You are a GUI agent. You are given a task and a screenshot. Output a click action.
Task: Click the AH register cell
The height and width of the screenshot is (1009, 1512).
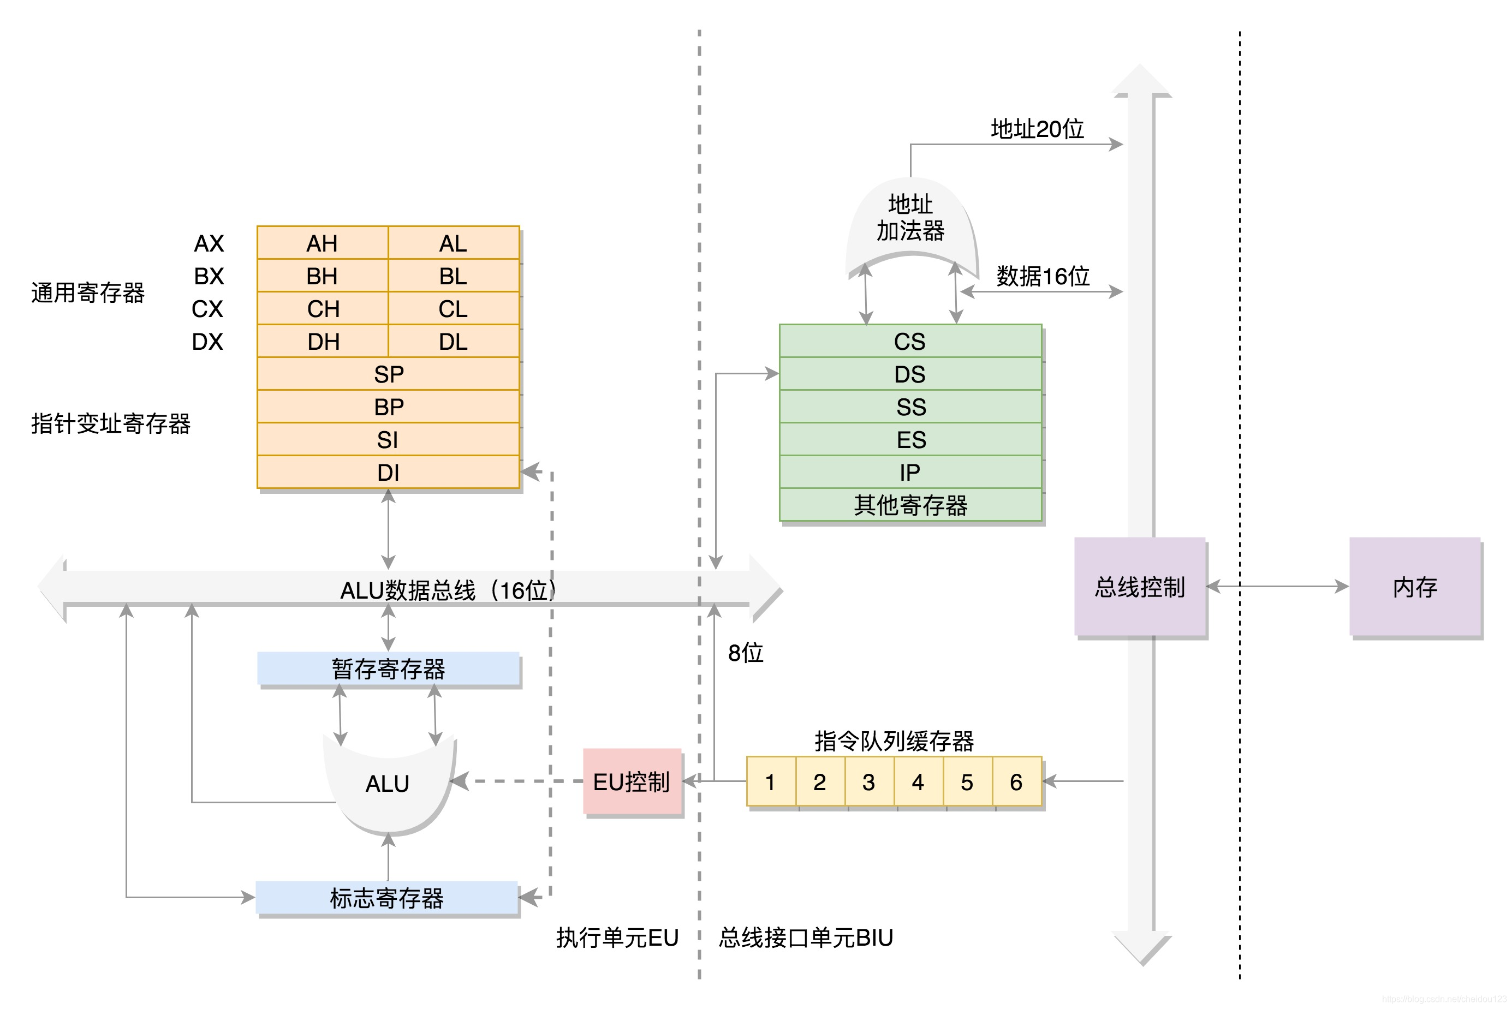point(322,243)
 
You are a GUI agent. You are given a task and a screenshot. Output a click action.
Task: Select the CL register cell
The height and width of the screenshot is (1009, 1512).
point(453,309)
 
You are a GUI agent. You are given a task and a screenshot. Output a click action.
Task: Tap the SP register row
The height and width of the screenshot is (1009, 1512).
point(388,374)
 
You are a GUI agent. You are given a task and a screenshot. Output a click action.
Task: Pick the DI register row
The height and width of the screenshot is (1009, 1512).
point(388,473)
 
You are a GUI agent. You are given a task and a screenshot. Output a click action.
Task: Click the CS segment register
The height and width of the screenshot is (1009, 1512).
point(909,341)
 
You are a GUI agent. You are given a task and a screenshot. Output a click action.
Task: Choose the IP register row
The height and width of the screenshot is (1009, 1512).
point(909,473)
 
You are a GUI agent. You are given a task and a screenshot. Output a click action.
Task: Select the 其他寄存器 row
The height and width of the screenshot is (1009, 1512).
point(909,505)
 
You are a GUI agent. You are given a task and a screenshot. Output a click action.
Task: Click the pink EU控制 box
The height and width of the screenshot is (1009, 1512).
point(632,782)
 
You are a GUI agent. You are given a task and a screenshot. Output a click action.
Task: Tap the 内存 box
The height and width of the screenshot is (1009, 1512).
point(1414,587)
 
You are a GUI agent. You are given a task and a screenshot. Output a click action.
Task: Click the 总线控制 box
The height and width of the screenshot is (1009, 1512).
point(1139,587)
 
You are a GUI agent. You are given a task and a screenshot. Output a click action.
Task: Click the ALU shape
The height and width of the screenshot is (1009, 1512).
point(388,784)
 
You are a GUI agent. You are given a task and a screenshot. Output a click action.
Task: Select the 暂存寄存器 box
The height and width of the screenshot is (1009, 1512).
point(388,669)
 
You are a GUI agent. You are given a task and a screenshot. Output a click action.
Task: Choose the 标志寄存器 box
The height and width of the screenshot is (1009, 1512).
point(387,898)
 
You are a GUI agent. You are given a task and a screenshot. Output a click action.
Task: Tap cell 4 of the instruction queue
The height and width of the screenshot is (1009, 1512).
point(918,782)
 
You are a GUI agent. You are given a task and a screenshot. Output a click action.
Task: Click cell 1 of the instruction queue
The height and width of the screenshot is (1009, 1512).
point(771,782)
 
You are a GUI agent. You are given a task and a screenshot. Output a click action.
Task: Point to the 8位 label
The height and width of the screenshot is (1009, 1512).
point(746,653)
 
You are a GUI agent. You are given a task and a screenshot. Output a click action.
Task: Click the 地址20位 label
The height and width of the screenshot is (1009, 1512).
point(1037,129)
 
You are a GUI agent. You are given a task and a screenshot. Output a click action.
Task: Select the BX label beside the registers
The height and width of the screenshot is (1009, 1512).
point(209,276)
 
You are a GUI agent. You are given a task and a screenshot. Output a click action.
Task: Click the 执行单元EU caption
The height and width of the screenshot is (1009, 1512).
point(617,938)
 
